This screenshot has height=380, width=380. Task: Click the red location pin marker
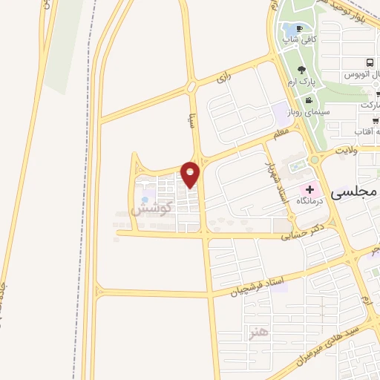(191, 174)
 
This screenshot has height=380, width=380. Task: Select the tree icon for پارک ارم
(301, 69)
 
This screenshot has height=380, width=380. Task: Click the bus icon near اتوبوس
(370, 64)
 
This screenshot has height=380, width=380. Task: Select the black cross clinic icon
(309, 190)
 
